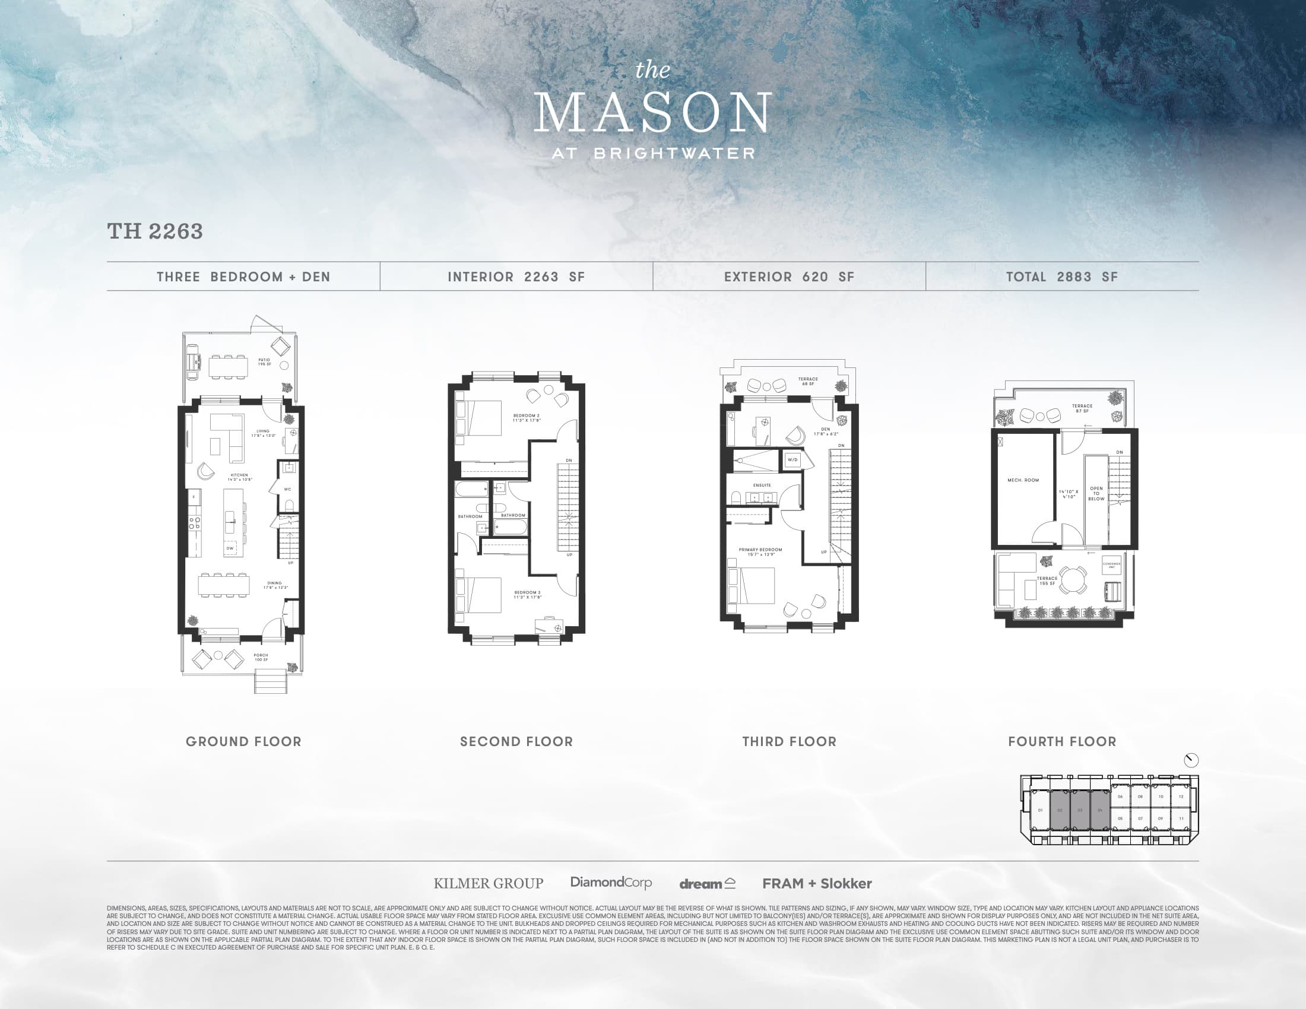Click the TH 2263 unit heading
(155, 232)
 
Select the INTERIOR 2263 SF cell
(516, 277)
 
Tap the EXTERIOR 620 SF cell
(789, 277)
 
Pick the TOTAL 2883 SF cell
(1061, 277)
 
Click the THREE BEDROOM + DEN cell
(243, 277)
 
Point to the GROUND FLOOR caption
(243, 742)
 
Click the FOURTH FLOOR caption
(1062, 742)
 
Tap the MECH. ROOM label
(1023, 480)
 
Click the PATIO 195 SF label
(264, 362)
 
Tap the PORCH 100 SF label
(261, 658)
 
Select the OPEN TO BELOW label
(1096, 493)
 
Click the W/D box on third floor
(793, 460)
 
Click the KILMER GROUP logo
(488, 884)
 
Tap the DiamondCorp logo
(610, 882)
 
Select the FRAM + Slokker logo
(817, 884)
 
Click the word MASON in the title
(652, 113)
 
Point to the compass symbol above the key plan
(1191, 760)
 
